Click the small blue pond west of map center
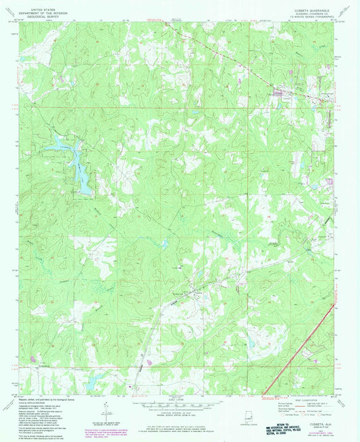(163, 243)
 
